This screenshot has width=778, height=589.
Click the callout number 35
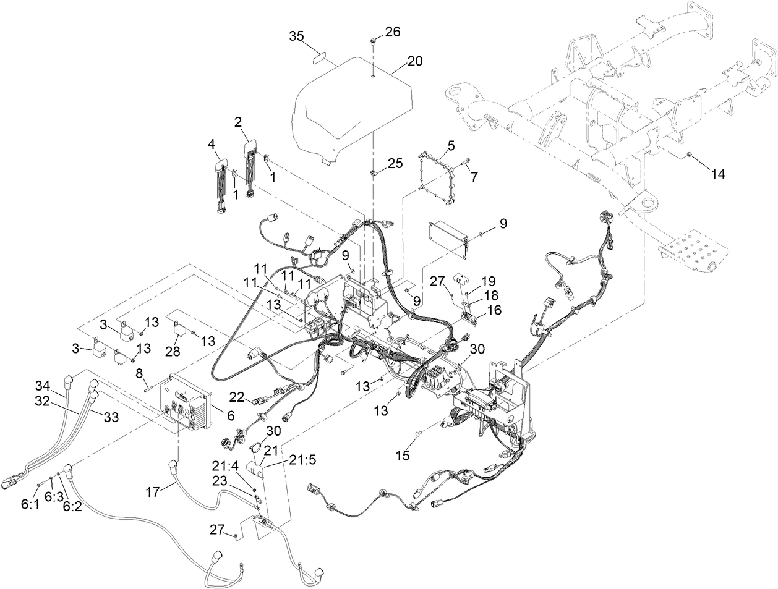297,36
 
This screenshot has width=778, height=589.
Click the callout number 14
717,174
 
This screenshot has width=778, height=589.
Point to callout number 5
451,146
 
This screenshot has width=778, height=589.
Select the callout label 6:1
30,505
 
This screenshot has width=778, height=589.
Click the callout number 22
237,396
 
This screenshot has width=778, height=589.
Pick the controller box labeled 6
187,402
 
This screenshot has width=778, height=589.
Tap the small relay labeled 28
180,328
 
